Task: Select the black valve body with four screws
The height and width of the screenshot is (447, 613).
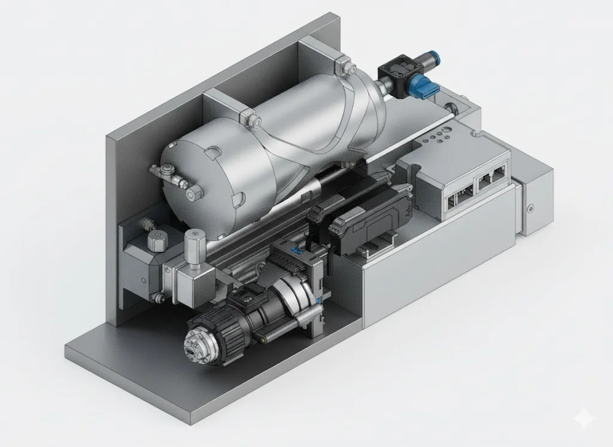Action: (x=396, y=72)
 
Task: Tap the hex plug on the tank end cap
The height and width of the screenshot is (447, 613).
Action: (x=195, y=193)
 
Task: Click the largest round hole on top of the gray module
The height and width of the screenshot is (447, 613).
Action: (x=445, y=132)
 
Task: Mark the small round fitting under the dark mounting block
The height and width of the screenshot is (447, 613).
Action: (x=159, y=297)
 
